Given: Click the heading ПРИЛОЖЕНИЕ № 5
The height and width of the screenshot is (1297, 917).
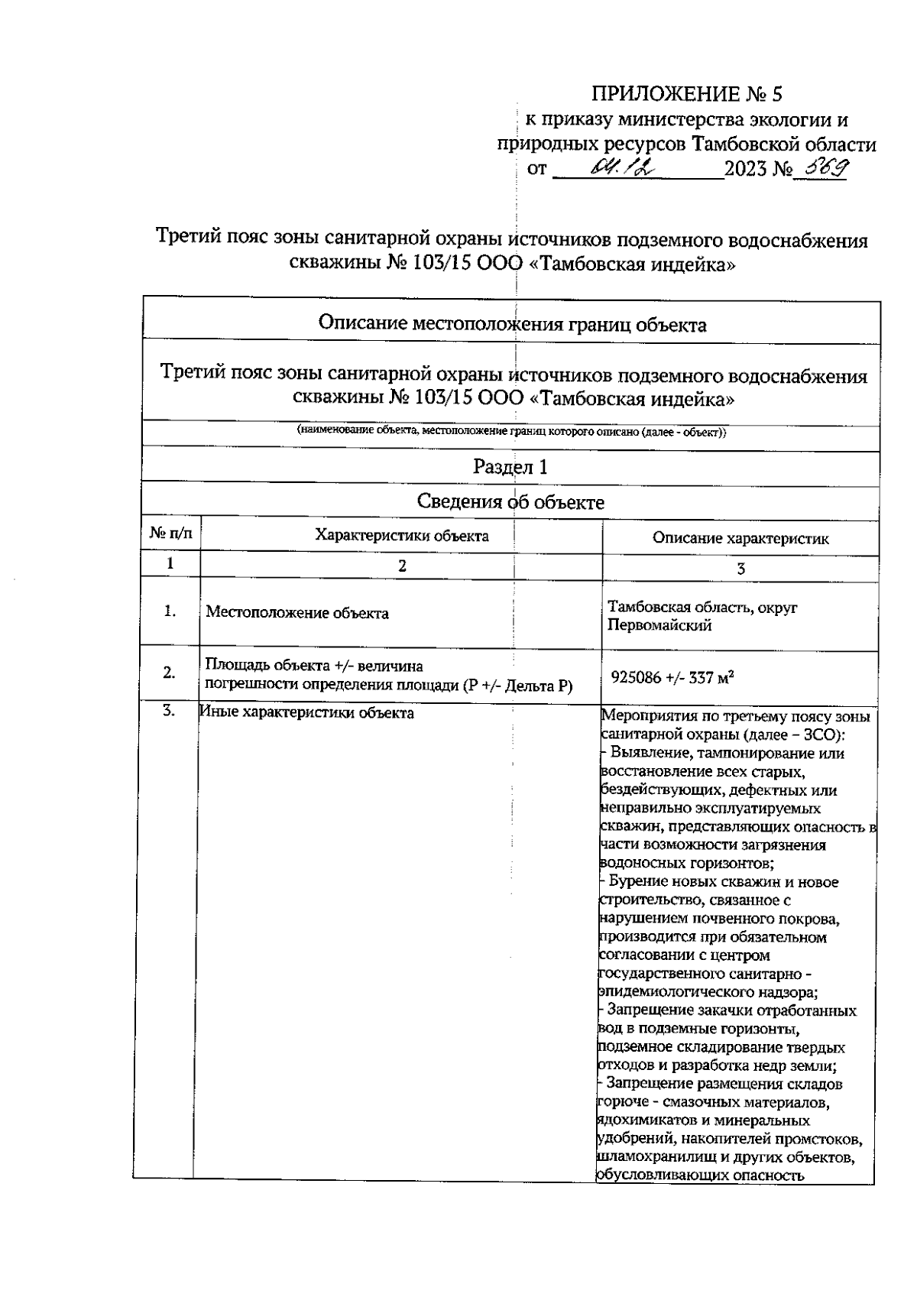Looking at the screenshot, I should point(688,94).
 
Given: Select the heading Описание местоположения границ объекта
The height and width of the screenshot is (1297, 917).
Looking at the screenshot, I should point(511,325).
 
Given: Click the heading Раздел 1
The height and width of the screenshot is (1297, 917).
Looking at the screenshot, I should point(510,466).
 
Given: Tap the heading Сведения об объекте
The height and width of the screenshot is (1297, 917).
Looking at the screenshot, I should point(510,502).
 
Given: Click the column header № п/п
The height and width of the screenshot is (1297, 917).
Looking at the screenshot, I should point(170,534).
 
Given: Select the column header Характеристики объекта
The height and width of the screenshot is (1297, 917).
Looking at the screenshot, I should point(402,535).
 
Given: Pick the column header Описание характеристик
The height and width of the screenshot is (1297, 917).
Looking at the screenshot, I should point(740,538).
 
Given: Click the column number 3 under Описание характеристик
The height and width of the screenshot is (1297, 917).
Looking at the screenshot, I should point(740,568).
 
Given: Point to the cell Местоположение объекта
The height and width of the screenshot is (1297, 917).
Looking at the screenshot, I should point(296,613).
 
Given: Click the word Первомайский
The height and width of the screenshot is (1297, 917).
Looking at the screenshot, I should point(659,626).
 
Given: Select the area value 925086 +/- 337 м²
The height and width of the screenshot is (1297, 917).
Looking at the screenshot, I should point(672,677).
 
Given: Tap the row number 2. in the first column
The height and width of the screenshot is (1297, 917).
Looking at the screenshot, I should point(169,673).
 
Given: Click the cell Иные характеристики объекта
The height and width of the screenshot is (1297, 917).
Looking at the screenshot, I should point(306,712).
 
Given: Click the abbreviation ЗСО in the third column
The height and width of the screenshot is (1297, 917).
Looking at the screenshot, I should point(819,734).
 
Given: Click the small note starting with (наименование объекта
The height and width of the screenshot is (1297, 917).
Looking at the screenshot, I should point(511,432).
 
